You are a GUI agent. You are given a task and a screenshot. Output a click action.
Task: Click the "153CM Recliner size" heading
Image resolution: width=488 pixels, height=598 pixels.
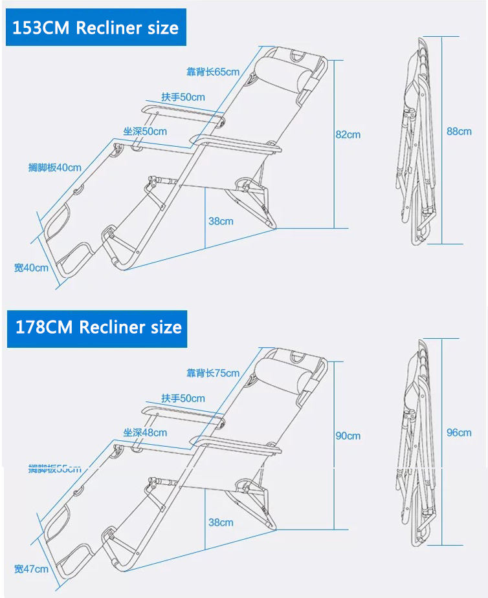(95, 28)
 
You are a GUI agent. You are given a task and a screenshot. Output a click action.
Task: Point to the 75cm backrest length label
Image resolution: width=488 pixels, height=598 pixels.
(213, 373)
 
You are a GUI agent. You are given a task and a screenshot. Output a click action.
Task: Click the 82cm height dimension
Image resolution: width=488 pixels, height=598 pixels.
(348, 134)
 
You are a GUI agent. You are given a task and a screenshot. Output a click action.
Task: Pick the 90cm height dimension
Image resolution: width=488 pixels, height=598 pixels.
(348, 436)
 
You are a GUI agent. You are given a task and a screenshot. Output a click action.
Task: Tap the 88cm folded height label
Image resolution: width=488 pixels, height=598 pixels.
(459, 131)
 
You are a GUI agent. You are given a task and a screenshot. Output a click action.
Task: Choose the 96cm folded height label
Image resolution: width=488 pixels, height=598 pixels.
(459, 432)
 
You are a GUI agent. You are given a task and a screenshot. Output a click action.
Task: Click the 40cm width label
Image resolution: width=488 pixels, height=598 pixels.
(31, 268)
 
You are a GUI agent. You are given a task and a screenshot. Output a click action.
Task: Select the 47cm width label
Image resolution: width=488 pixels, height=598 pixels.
(31, 569)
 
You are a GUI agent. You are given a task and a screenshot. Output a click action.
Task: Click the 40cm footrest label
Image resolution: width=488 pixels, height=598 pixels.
(55, 167)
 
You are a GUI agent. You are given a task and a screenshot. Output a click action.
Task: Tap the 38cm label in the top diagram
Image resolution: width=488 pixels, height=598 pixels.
(221, 221)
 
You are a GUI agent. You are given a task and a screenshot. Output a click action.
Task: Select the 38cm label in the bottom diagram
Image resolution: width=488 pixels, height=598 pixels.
(221, 522)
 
